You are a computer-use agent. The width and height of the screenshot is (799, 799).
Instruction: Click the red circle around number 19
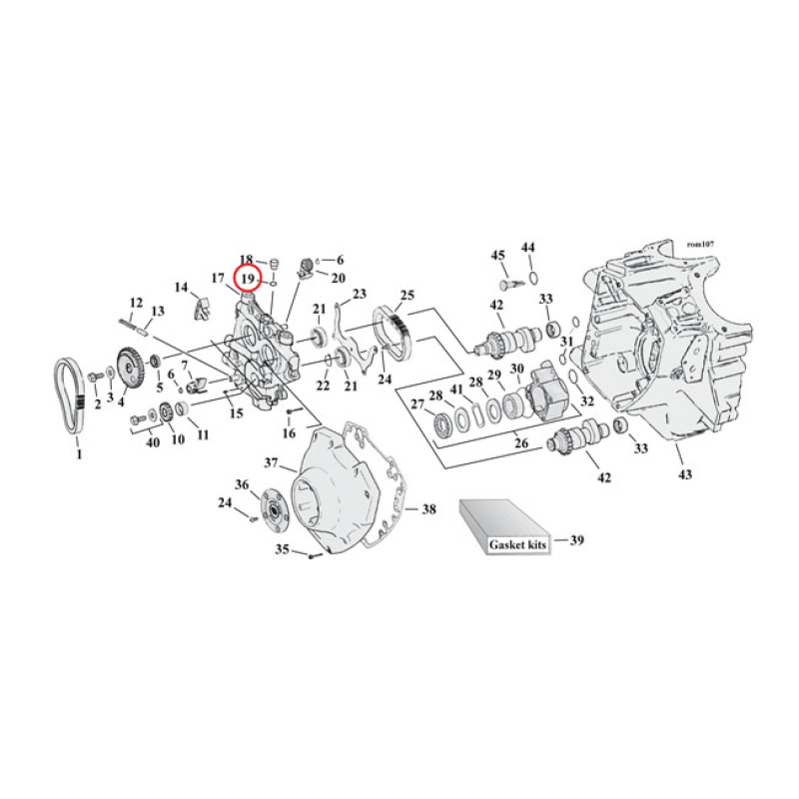[247, 276]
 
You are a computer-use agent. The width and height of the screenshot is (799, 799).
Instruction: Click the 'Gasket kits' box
[503, 530]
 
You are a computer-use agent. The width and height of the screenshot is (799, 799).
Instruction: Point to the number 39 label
[576, 541]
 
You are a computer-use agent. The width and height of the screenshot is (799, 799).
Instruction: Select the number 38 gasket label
[428, 509]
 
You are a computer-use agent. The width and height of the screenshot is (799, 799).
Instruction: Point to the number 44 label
[528, 247]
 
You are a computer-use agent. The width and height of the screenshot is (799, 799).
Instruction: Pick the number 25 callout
[406, 296]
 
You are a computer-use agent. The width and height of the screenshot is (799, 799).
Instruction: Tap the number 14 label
[181, 288]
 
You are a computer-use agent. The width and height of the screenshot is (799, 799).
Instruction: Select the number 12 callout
[136, 302]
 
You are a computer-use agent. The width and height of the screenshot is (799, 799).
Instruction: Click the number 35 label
[283, 548]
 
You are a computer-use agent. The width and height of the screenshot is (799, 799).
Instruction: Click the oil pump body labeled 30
[547, 393]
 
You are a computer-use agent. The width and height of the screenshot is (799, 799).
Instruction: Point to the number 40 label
[153, 442]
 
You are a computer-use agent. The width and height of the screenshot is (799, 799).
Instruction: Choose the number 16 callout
[289, 433]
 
